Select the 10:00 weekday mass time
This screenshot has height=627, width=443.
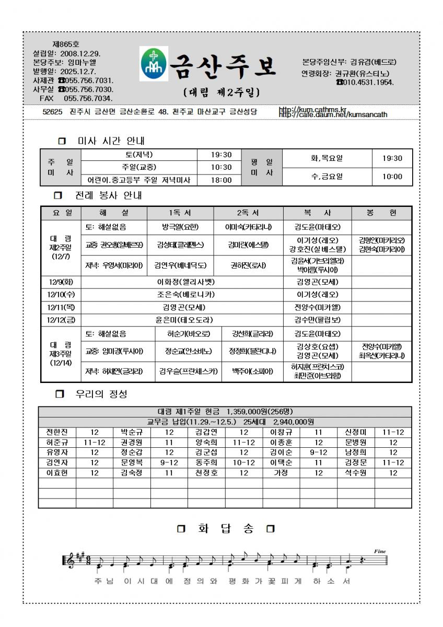pos(392,177)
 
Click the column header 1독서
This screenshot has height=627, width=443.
pos(181,213)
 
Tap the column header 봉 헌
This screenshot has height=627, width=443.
pos(381,213)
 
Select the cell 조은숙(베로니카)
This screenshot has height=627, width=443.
pos(183,294)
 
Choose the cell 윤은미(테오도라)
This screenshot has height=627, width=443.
pos(183,319)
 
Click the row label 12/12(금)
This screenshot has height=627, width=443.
pos(61,319)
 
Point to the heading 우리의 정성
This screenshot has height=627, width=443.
pos(101,394)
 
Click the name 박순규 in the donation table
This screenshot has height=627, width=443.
pos(132,432)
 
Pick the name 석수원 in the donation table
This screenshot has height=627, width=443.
pos(356,472)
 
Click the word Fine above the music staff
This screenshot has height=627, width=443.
pos(380,551)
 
